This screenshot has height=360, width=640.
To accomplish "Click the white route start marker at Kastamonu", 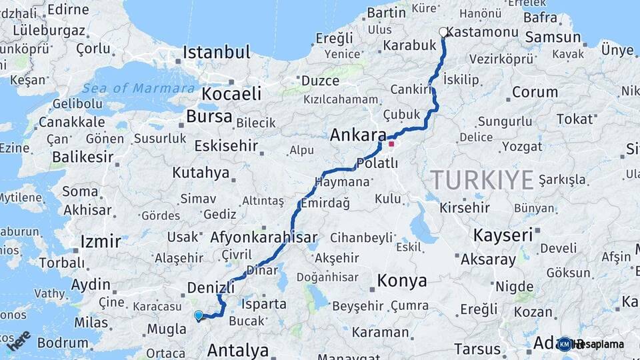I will point(443,32).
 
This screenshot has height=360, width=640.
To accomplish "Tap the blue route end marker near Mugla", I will point(198,315).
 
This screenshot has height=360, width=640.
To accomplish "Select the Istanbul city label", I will point(217,52).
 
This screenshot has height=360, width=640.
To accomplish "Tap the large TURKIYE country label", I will point(482,180).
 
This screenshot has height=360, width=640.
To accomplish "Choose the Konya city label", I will point(402,281).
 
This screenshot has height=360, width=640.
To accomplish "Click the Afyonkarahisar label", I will point(263,237).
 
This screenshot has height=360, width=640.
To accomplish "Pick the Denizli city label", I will point(211,287).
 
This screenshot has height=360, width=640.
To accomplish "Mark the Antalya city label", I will point(237,350).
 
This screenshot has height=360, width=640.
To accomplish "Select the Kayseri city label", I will point(503,235).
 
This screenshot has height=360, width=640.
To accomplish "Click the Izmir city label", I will point(100,241).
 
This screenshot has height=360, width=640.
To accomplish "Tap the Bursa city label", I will point(209,117).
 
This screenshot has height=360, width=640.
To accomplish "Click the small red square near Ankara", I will point(391,143).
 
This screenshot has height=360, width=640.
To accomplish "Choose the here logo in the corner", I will point(18,340).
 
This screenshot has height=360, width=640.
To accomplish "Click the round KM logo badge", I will point(564,344).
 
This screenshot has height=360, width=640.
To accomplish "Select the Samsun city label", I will point(553,37).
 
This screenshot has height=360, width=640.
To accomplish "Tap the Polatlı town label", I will point(377,163).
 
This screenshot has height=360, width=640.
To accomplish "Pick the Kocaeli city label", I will point(231,93).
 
